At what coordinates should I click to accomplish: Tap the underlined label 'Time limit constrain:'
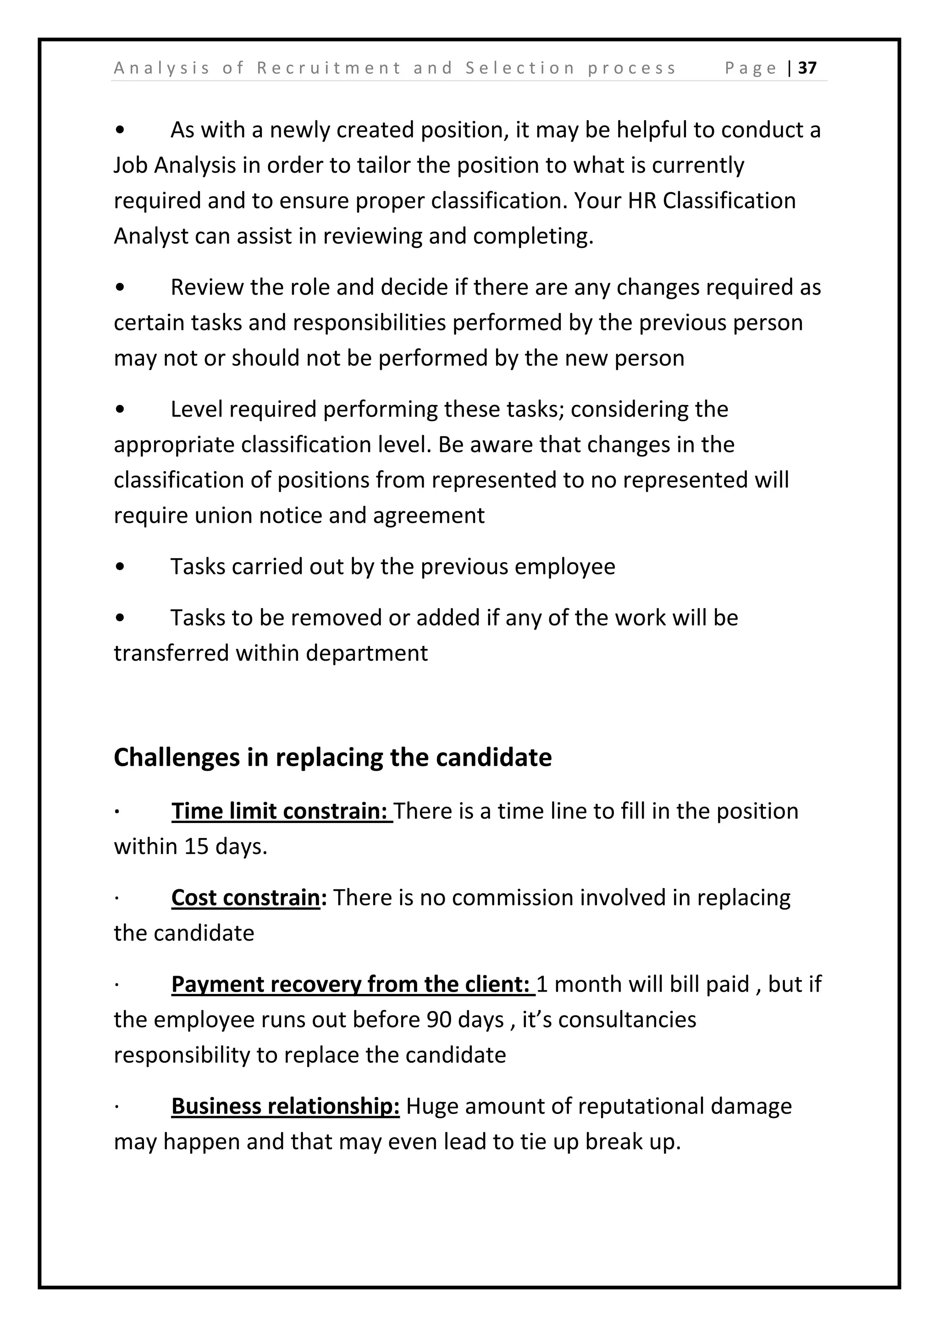click(282, 812)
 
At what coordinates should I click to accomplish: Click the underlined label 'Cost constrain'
click(246, 898)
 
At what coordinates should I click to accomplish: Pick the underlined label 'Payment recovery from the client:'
click(353, 984)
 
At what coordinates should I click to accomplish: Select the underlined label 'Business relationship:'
click(285, 1106)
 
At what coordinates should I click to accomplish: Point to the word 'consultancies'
click(627, 1020)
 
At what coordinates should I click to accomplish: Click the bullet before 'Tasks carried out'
click(120, 567)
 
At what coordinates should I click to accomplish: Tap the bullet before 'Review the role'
click(120, 288)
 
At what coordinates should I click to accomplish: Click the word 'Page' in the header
click(751, 68)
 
